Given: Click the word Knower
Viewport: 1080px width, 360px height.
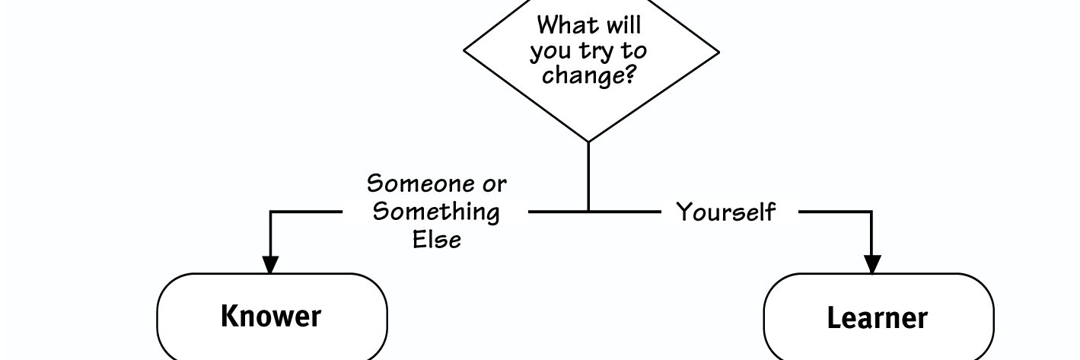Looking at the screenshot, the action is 271,316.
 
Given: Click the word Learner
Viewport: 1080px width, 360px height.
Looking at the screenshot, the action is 878,318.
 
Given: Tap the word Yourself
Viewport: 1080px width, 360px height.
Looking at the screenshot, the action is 726,212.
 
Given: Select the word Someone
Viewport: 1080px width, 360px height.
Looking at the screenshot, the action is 414,183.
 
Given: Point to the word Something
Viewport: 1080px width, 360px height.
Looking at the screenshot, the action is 436,212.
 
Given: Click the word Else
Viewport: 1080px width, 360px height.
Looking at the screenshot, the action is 437,240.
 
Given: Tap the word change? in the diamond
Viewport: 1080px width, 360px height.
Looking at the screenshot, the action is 588,75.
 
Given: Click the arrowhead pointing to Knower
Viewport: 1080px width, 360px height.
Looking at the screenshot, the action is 270,264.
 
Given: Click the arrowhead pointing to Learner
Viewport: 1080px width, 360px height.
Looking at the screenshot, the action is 872,264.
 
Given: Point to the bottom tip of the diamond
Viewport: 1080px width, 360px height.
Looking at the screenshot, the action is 588,142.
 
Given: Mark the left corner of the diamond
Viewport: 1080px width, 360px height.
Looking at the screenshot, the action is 464,50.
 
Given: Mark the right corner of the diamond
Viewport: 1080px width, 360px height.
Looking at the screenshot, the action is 719,52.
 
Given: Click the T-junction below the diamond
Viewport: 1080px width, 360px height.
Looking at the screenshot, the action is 588,212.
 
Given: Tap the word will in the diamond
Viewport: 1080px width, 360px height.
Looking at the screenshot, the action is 624,25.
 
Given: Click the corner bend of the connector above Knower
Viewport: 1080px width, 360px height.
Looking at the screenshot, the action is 270,212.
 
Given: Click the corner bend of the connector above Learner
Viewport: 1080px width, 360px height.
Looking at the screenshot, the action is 871,212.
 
